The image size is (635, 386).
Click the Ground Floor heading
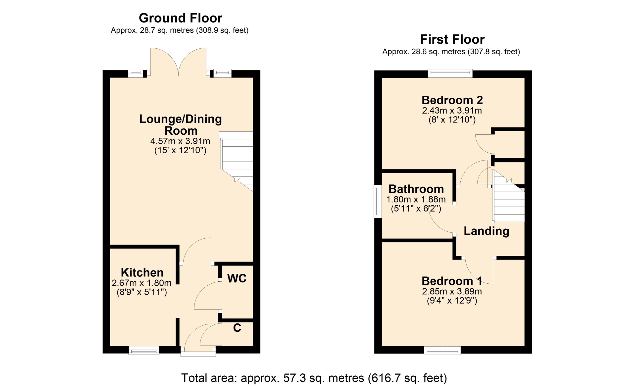(180, 18)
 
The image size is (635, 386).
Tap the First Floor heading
(452, 39)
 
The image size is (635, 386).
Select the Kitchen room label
(142, 272)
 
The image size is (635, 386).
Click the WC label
(237, 278)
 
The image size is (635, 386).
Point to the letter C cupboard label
(237, 328)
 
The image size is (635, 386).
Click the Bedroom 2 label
(452, 100)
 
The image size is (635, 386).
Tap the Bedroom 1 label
(452, 281)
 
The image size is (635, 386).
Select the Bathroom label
(416, 189)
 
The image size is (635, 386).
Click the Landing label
(487, 231)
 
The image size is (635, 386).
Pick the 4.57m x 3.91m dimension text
(180, 141)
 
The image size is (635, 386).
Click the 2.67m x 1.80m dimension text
(142, 283)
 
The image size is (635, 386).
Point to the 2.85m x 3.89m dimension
(452, 292)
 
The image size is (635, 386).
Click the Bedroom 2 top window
(450, 73)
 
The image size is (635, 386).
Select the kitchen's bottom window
(144, 350)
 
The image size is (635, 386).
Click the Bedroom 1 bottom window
(443, 350)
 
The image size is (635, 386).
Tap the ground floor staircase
(237, 160)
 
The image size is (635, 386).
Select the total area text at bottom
(314, 378)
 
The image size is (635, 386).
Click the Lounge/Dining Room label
(181, 125)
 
